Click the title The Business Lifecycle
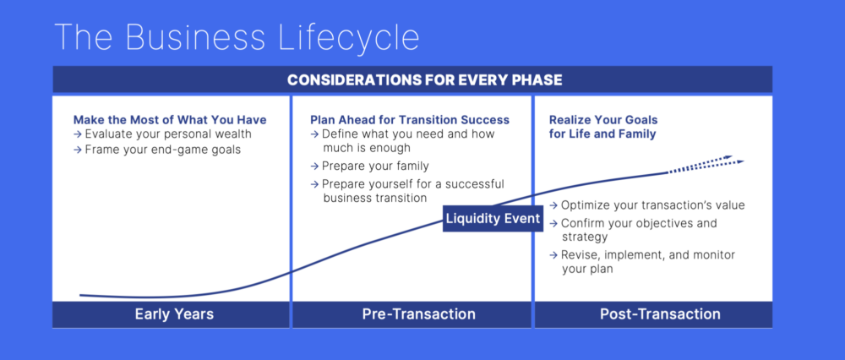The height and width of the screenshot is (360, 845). pos(237,38)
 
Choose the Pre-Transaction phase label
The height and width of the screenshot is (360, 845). pos(412,314)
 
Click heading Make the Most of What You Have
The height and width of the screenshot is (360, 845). pos(169,120)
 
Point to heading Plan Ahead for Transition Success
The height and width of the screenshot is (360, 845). pos(410,120)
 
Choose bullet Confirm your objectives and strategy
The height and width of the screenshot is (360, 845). pos(638,230)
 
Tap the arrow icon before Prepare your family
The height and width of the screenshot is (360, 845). pos(315,166)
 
